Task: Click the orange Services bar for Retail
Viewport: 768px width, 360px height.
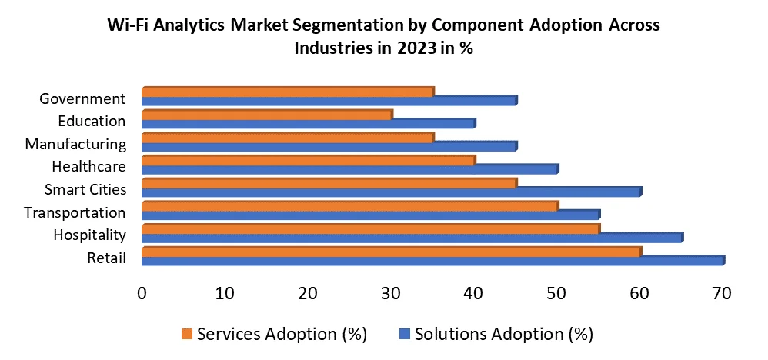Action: coord(391,252)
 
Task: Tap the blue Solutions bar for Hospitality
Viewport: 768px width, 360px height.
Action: coord(412,238)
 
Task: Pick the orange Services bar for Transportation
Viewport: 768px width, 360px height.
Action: coord(350,206)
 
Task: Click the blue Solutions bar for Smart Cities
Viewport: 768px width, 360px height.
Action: coord(391,192)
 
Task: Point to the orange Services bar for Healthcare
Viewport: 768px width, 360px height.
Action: coord(308,161)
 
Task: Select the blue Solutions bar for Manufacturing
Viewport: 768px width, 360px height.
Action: coord(329,147)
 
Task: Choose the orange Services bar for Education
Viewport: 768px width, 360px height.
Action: coord(266,115)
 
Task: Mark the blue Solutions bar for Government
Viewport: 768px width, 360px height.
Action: coord(329,101)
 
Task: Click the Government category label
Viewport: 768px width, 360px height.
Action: coord(82,98)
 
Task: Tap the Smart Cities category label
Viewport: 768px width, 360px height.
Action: coord(85,189)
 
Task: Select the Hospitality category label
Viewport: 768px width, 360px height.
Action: coord(89,235)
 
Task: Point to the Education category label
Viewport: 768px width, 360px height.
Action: coord(92,121)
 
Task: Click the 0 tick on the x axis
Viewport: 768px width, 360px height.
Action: coord(142,293)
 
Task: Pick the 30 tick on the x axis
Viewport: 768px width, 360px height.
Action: coord(390,293)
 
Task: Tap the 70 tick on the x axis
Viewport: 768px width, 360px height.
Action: coord(721,293)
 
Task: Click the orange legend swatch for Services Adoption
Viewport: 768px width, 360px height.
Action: coord(186,334)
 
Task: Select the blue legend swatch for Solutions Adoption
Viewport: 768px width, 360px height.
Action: coord(404,334)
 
